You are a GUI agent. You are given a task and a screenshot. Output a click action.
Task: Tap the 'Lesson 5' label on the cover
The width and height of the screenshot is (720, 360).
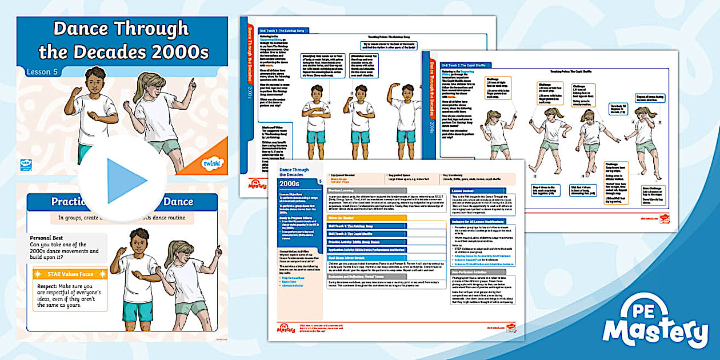43,71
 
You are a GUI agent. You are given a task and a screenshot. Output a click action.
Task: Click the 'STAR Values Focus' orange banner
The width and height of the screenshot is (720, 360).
70,274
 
